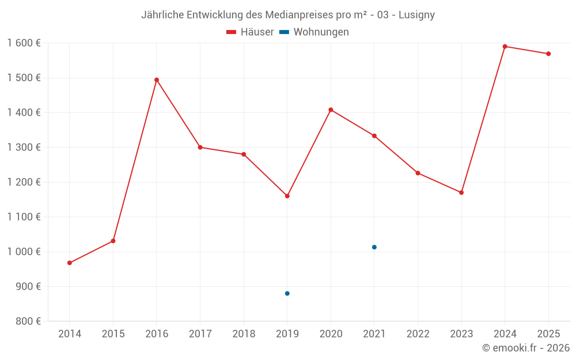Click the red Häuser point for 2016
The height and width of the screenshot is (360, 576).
tap(157, 80)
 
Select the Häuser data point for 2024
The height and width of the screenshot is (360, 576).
tap(505, 47)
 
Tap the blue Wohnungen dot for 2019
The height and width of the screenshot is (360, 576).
tap(287, 294)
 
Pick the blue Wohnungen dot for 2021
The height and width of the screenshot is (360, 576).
tap(374, 247)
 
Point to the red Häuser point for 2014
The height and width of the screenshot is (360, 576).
tap(70, 263)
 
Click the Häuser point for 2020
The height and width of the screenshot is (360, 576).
tap(331, 109)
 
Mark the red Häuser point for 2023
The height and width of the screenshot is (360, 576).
tap(461, 192)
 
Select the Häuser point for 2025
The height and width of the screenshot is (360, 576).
tap(548, 54)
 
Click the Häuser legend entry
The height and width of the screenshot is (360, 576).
tap(250, 32)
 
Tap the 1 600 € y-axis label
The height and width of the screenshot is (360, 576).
tap(24, 43)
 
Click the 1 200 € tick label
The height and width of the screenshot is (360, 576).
tap(24, 182)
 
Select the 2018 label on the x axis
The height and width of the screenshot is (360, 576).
tap(244, 334)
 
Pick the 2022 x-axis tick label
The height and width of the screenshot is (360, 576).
tap(418, 334)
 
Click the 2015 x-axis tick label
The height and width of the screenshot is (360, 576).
tap(113, 334)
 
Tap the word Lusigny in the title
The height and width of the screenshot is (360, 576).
tap(416, 15)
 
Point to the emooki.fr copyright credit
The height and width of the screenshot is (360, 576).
tap(525, 348)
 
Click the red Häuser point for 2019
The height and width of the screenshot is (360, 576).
tap(287, 196)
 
